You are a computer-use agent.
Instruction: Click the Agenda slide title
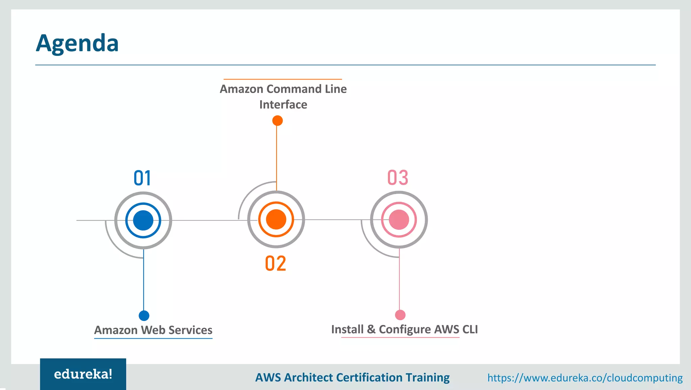77,43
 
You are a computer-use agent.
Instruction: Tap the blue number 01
142,178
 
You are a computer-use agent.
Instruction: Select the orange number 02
275,264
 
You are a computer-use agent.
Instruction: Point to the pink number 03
398,178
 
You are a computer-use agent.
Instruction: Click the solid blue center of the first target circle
143,220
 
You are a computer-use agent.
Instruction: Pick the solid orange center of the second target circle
276,219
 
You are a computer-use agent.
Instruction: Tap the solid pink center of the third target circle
399,219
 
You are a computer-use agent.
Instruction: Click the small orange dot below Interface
277,120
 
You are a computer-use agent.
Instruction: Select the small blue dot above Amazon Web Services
144,316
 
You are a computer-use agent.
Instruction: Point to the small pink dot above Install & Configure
400,315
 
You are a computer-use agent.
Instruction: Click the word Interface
283,104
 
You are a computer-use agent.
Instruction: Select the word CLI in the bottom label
470,329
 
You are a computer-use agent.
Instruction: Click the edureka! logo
83,374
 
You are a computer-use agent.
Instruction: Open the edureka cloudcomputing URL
585,378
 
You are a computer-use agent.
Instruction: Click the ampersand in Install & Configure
371,329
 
